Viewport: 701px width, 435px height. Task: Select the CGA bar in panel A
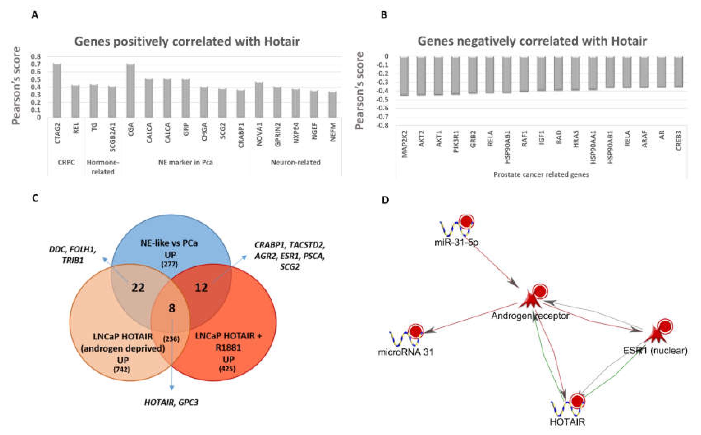coord(131,90)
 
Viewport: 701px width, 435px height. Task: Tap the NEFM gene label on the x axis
coord(333,132)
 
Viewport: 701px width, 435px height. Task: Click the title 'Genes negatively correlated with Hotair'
coord(532,41)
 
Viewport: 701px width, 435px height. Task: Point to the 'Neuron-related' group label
coord(296,162)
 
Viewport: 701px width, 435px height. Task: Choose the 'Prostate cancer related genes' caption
coord(541,174)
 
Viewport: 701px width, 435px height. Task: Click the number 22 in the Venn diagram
coord(138,287)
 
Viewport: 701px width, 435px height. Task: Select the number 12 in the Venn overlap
coord(201,287)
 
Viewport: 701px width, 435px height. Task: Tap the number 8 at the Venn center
coord(172,308)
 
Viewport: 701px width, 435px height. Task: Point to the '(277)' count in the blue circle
coord(170,264)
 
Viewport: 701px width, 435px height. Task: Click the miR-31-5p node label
coord(456,242)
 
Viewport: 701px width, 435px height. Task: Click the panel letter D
coord(385,200)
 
